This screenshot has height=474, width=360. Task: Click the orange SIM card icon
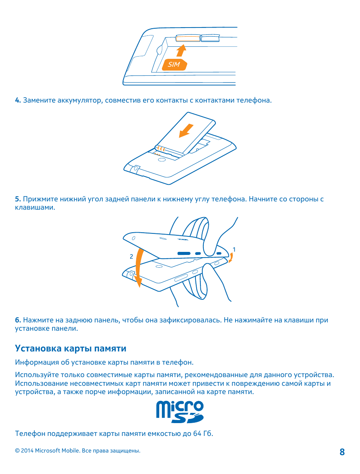pos(174,64)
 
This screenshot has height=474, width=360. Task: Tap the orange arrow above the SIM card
pos(182,51)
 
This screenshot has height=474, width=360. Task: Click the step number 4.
pos(17,100)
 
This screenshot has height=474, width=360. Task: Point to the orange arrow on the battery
pos(186,130)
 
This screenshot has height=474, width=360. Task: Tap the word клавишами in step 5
pos(35,207)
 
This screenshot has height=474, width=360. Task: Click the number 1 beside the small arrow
pos(234,250)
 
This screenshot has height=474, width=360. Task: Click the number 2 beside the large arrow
pos(131,256)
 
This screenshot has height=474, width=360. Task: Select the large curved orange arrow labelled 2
pos(137,268)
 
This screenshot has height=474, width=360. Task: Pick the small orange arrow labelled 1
pos(231,258)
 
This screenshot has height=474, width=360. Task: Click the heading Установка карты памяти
pos(71,348)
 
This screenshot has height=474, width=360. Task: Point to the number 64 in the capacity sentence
pos(197,433)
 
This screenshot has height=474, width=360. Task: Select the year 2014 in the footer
pos(27,451)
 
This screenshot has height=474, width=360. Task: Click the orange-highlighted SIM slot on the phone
pos(188,38)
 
